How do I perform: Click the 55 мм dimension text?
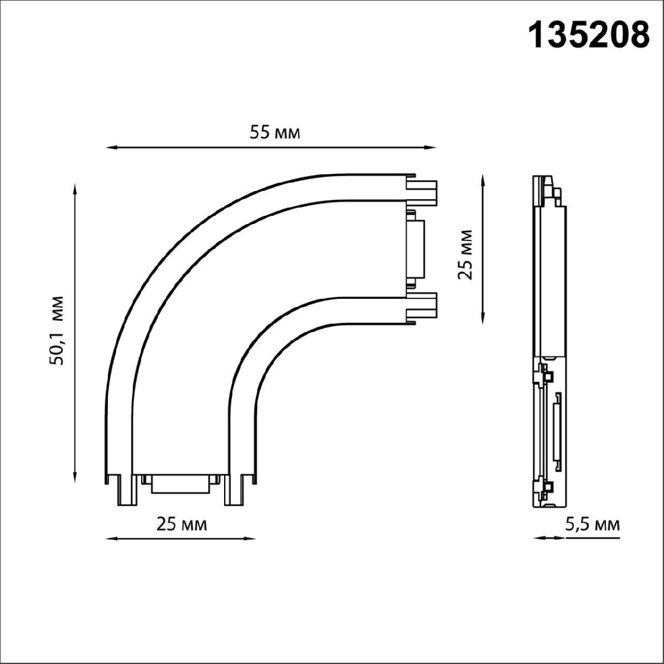tap(274, 133)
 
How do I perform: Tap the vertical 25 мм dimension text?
tap(466, 254)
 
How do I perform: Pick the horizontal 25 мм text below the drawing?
tap(182, 523)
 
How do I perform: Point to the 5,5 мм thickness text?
tap(592, 523)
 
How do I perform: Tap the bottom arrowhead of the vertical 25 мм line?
tap(484, 318)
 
